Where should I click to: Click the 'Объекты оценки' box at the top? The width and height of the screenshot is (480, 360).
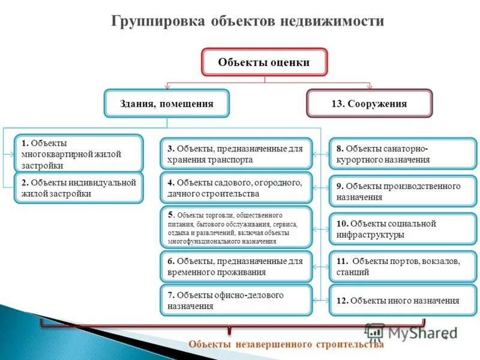point(264,62)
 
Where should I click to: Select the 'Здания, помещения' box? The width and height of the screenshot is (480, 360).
point(167,103)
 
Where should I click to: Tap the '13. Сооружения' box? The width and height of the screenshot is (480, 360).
point(369,103)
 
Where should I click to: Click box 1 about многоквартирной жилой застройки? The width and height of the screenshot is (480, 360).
point(79,154)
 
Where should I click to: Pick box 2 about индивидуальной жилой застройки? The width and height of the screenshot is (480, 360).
point(79,188)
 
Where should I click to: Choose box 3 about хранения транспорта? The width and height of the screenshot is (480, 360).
point(236,154)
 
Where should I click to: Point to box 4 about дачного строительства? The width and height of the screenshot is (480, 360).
point(236,188)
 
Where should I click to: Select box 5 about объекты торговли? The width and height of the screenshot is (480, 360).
point(236,227)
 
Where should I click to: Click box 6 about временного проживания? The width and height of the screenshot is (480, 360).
point(236,266)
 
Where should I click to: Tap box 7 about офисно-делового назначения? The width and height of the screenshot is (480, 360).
point(236,300)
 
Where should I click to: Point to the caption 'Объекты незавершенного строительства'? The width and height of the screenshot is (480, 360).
point(286,344)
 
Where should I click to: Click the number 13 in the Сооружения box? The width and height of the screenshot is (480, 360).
point(337,104)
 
